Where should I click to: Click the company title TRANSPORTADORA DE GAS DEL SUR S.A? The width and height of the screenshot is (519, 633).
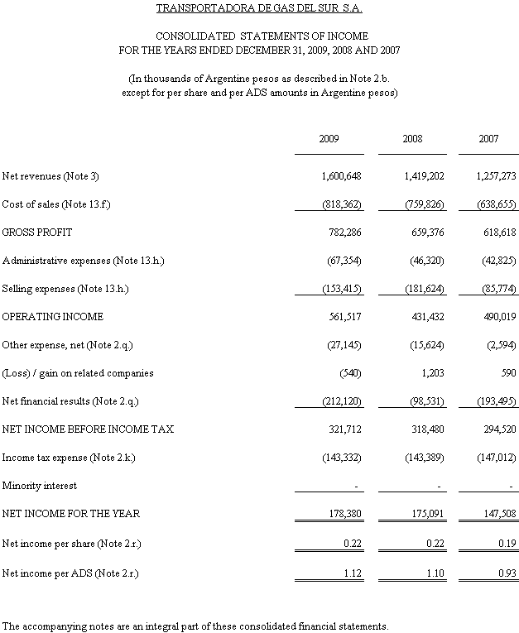click(259, 8)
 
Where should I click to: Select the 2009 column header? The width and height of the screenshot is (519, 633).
click(329, 139)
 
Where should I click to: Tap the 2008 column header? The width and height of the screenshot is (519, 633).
click(412, 139)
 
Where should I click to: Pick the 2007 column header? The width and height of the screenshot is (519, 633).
click(488, 139)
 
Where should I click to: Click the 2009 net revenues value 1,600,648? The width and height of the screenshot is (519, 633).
click(342, 176)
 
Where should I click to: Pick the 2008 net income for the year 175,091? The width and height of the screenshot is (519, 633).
click(424, 514)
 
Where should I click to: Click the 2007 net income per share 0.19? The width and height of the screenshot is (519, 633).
click(506, 544)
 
